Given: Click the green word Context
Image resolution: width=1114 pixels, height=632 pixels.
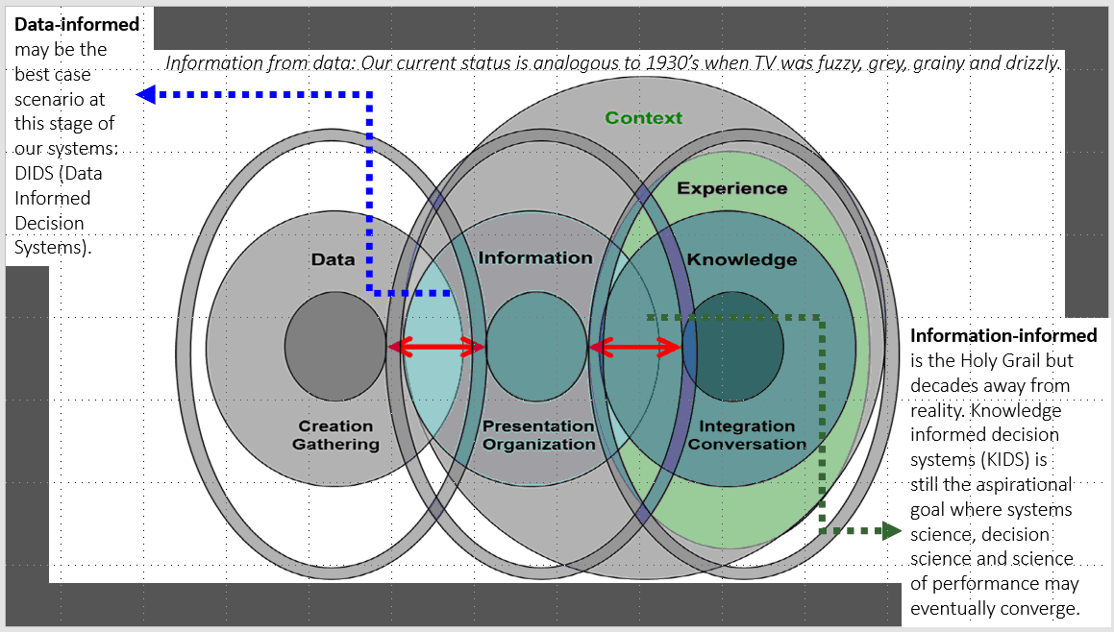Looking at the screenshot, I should click(644, 118).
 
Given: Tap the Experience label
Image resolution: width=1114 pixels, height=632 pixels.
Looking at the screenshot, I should click(731, 188).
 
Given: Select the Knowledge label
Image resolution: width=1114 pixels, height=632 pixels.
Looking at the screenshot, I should click(741, 259).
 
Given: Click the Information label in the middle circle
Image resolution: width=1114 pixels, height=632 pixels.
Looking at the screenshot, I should click(535, 257).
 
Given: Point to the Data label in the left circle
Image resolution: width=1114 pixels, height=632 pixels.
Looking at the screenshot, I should click(333, 259).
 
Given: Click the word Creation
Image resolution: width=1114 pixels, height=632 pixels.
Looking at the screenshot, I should click(335, 426).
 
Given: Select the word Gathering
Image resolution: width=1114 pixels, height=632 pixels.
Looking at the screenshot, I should click(335, 444).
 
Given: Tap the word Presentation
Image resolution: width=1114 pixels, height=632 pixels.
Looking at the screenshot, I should click(538, 426).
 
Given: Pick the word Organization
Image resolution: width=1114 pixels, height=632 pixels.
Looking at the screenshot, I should click(538, 444).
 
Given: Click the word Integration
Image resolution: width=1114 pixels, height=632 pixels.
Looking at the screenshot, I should click(747, 426).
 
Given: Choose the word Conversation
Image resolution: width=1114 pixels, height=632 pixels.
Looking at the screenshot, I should click(747, 444).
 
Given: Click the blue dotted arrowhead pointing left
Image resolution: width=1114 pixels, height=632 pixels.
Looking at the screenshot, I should click(145, 94).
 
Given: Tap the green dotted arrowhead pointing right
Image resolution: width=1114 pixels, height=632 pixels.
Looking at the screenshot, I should click(891, 530).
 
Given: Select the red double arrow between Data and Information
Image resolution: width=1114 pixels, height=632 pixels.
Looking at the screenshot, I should click(436, 349).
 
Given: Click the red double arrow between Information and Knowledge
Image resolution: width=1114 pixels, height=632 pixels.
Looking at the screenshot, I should click(635, 349).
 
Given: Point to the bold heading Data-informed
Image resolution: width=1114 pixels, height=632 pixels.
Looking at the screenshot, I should click(77, 24).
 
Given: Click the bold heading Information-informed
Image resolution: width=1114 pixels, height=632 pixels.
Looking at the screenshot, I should click(1003, 336).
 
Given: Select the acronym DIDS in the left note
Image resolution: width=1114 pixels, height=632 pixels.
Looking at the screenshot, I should click(37, 174).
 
